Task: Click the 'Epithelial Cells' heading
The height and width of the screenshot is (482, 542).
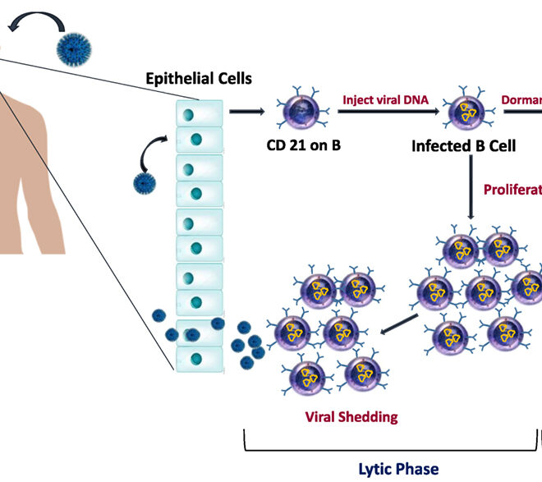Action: pyautogui.click(x=198, y=80)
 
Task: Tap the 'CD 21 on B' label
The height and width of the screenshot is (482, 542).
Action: pyautogui.click(x=302, y=146)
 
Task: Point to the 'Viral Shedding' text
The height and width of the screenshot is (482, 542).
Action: pyautogui.click(x=351, y=416)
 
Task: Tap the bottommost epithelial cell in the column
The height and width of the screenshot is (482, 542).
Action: pyautogui.click(x=199, y=359)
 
